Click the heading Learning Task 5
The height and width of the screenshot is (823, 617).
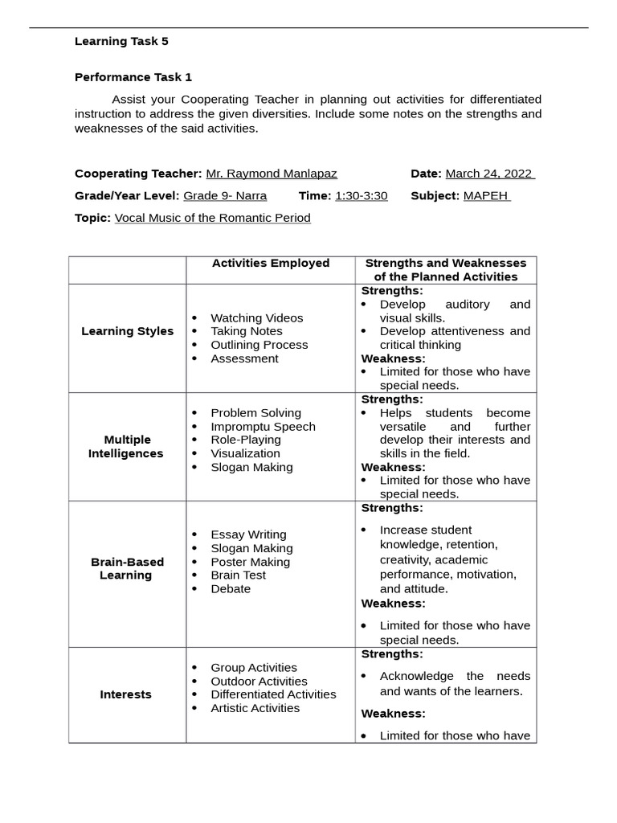121,41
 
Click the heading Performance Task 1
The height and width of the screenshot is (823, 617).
133,77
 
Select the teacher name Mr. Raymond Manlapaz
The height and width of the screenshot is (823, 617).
272,174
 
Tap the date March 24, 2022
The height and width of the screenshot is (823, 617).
489,174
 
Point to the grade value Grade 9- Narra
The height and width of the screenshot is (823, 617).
225,195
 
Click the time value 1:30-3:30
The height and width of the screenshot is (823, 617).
362,195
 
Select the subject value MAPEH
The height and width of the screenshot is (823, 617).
486,195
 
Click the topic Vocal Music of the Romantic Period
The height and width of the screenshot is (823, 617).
212,218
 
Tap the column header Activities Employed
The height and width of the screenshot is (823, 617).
271,263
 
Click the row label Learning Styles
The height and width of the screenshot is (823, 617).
127,331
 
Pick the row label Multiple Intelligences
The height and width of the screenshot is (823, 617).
127,447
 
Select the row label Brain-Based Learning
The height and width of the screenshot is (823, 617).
127,568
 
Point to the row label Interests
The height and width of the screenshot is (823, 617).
126,694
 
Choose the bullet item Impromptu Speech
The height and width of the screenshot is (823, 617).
263,427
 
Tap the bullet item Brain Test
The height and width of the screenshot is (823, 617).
238,575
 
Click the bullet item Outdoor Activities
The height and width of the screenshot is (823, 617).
259,682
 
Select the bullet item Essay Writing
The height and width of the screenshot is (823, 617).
248,534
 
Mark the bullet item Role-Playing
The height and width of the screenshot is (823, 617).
246,440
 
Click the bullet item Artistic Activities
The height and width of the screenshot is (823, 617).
255,708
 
